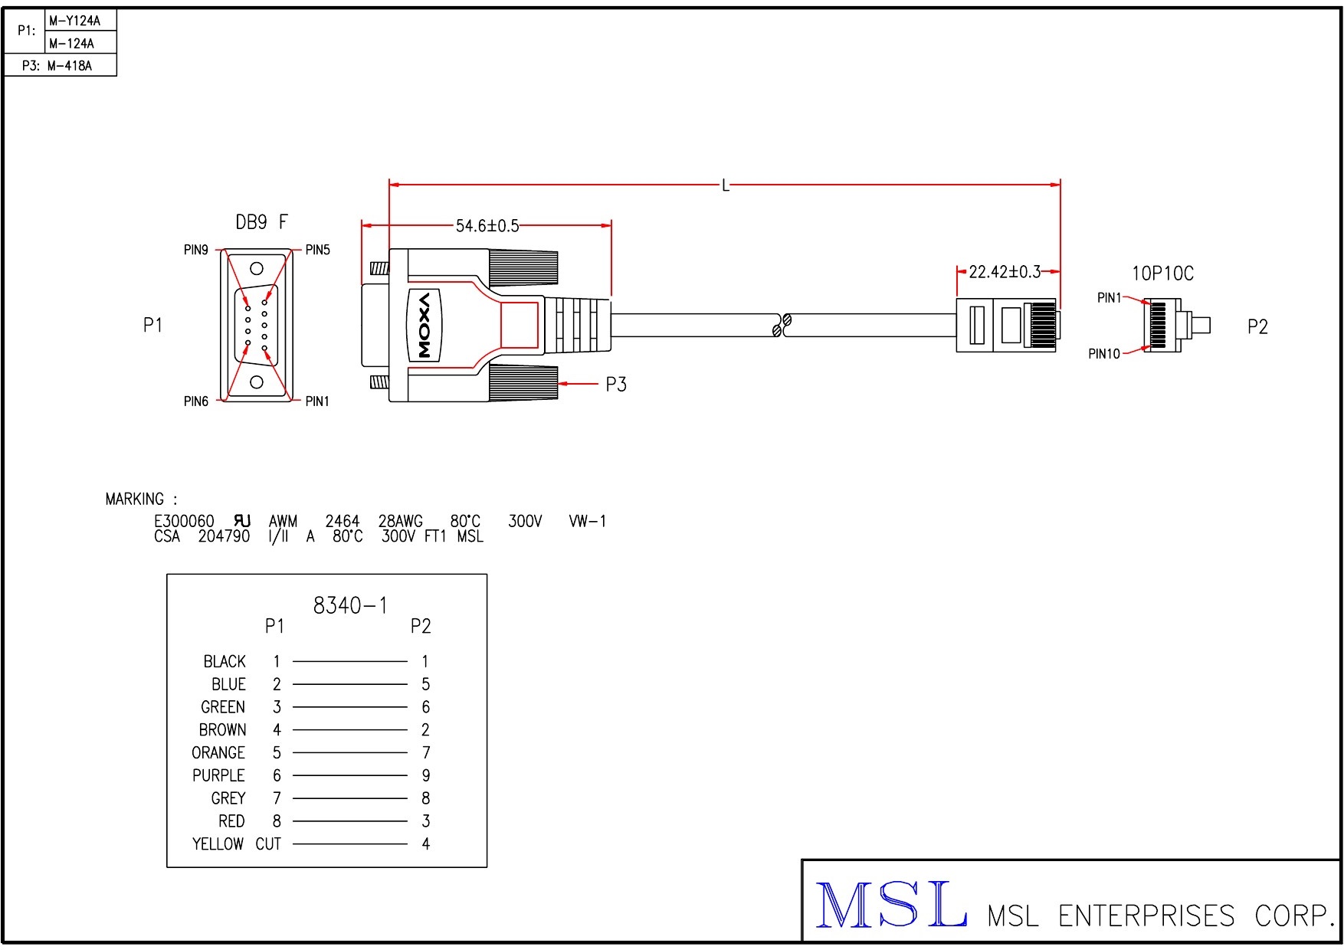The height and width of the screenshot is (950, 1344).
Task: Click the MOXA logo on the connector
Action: (424, 324)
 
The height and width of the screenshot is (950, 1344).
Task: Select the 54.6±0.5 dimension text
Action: (487, 226)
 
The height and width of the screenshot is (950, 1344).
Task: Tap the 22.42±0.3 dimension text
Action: (1005, 272)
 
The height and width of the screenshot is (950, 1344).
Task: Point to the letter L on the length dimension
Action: (725, 185)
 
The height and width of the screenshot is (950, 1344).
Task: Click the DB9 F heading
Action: (261, 222)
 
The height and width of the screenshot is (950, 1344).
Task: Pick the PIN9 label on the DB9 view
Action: (195, 250)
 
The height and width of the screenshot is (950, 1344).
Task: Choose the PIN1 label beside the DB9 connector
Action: (317, 401)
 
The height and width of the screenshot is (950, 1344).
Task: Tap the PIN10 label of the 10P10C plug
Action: (1103, 354)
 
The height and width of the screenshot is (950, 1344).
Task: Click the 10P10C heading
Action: (1162, 274)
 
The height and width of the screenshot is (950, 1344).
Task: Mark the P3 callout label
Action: (616, 385)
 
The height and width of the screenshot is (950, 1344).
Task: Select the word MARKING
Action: (135, 500)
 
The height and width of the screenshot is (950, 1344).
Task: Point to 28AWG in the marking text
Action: (400, 522)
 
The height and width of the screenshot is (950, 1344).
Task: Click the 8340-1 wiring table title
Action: (350, 606)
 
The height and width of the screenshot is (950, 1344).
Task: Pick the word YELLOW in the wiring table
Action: (218, 844)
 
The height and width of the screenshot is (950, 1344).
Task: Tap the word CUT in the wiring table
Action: (268, 844)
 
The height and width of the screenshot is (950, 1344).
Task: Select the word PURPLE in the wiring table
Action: (218, 776)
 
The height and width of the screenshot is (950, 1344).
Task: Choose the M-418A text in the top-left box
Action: (70, 66)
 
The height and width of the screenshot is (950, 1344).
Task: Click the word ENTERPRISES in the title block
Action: (1146, 916)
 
